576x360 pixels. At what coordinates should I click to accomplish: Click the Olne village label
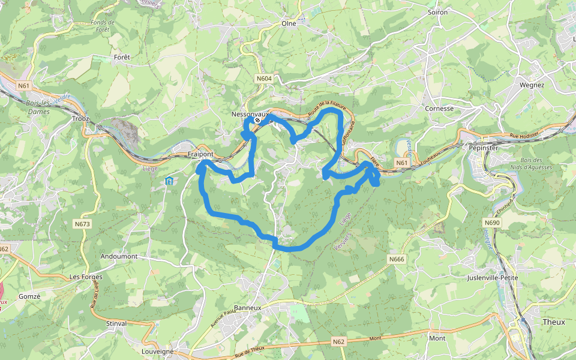click(289, 24)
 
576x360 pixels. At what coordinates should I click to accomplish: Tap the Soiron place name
click(438, 12)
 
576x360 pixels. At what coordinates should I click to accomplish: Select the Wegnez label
click(532, 85)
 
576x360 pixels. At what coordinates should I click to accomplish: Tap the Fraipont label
click(200, 154)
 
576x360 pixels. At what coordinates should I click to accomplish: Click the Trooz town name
click(80, 119)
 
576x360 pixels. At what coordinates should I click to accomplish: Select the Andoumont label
click(119, 256)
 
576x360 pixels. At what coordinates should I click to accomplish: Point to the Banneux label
click(248, 308)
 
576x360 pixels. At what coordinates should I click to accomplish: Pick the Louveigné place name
click(157, 352)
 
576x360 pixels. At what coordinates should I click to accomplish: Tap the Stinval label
click(116, 323)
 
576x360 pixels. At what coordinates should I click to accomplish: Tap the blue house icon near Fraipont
click(169, 181)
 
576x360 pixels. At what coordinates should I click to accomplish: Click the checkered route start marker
click(257, 121)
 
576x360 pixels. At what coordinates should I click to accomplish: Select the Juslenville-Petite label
click(492, 278)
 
